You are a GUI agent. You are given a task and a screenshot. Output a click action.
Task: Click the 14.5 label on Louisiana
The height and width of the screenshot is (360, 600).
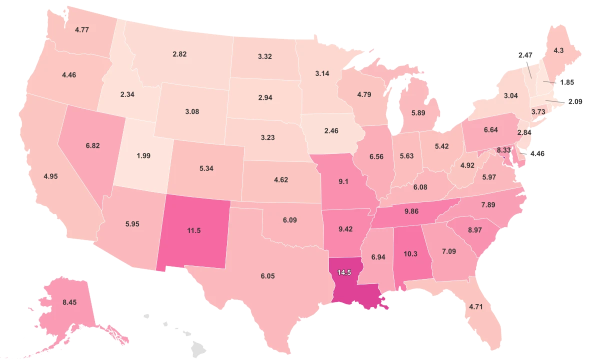tap(344, 272)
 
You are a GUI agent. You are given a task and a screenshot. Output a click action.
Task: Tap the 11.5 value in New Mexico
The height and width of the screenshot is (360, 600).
tap(193, 230)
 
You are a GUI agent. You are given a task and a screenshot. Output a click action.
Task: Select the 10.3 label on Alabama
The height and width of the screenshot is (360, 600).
tap(410, 254)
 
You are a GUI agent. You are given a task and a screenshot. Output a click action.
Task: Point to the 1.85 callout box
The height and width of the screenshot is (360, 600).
tap(567, 82)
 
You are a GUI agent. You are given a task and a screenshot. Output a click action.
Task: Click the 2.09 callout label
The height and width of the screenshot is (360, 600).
tap(573, 102)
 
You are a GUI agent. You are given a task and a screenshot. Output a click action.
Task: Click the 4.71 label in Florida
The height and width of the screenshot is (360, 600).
tap(476, 306)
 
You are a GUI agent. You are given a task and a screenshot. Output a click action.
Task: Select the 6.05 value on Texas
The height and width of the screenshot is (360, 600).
tap(267, 276)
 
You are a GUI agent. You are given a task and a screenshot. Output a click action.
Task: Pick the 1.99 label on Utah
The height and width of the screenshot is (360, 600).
tap(143, 155)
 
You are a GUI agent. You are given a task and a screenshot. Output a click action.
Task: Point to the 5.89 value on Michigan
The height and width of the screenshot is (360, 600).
tap(418, 113)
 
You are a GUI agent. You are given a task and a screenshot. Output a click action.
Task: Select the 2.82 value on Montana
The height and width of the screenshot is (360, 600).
tap(179, 54)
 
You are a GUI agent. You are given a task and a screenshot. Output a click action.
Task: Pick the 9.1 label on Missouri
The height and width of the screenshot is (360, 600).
tap(343, 181)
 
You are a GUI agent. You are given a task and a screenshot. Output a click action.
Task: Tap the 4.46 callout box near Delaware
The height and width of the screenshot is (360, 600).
tap(537, 153)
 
